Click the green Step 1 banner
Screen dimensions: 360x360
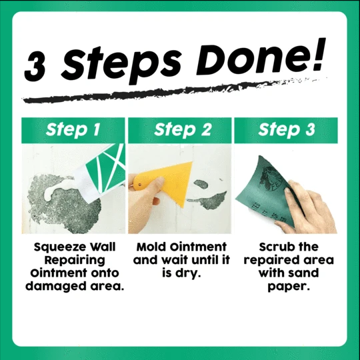pos(75,130)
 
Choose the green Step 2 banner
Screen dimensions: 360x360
pos(179,130)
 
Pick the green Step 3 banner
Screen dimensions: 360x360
pos(286,130)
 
